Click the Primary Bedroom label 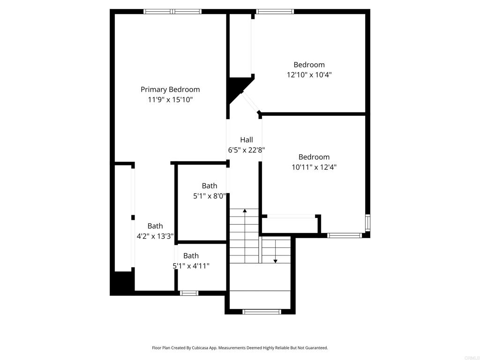click(170, 90)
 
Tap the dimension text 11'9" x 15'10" click(170, 99)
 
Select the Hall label click(247, 140)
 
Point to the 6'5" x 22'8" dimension click(247, 150)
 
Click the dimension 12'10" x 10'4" click(309, 75)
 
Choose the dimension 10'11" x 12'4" click(314, 167)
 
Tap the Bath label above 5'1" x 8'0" click(210, 186)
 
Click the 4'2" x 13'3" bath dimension click(155, 236)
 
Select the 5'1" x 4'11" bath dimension click(191, 266)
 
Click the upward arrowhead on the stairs click(245, 210)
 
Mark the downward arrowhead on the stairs click(275, 261)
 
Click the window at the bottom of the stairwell click(262, 312)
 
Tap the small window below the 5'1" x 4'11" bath click(189, 293)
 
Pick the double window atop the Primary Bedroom click(172, 12)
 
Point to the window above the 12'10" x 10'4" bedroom click(275, 12)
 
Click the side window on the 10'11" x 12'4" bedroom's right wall click(367, 223)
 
